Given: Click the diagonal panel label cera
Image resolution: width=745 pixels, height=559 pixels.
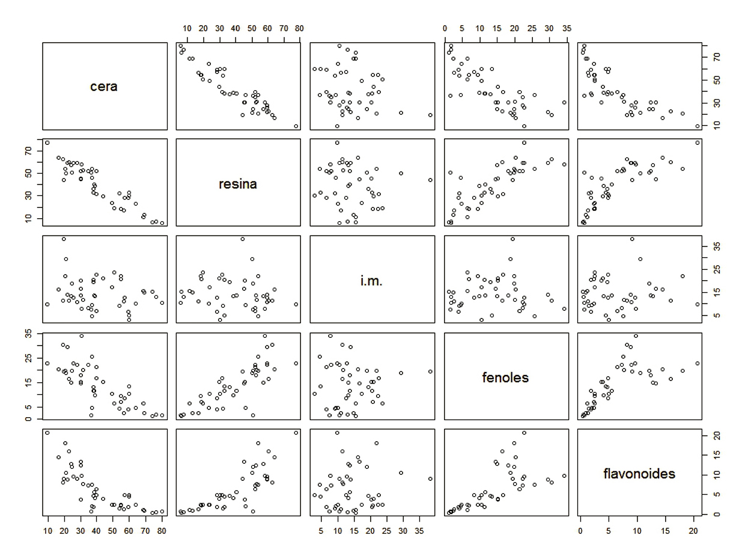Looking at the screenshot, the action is click(x=104, y=87).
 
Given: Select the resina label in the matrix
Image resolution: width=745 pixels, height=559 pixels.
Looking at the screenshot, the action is click(x=237, y=184).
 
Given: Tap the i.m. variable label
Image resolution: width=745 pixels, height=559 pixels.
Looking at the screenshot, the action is click(x=371, y=281).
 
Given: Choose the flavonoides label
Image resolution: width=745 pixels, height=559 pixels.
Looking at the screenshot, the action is click(x=639, y=474).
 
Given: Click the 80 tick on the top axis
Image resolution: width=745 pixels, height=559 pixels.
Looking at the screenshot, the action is click(x=299, y=28).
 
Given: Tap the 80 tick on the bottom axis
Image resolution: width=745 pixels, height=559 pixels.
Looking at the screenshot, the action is click(x=162, y=531).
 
